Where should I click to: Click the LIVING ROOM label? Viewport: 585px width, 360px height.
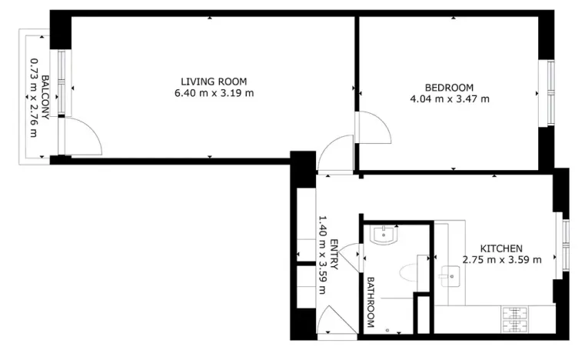click(x=214, y=82)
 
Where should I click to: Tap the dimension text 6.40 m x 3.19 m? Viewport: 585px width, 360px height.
click(x=214, y=93)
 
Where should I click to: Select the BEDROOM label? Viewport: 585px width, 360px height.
click(x=450, y=88)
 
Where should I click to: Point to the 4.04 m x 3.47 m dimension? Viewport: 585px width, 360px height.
click(x=450, y=98)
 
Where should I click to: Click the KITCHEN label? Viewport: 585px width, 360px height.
click(x=501, y=248)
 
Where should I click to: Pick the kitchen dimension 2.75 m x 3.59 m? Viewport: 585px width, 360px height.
click(x=501, y=260)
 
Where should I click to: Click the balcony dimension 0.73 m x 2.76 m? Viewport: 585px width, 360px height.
click(x=33, y=97)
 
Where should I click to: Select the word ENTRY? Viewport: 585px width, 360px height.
click(x=334, y=253)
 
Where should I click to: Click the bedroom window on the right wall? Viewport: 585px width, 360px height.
click(x=550, y=93)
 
